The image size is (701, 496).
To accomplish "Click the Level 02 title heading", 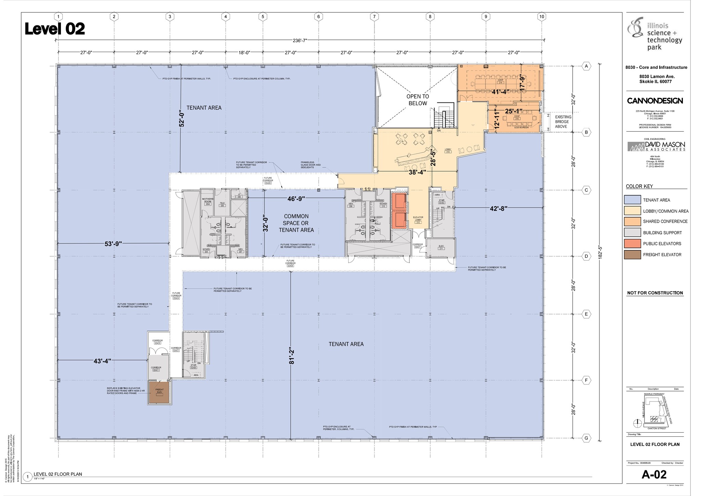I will pyautogui.click(x=55, y=29).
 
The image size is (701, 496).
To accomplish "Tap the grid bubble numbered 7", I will pyautogui.click(x=374, y=16).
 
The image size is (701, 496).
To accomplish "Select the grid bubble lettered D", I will pyautogui.click(x=586, y=256).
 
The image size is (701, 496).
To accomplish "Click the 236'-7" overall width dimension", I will pyautogui.click(x=300, y=40).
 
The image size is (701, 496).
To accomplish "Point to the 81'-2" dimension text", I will pyautogui.click(x=291, y=356).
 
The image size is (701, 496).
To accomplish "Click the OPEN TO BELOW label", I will pyautogui.click(x=418, y=100).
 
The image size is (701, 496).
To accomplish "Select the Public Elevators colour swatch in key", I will pyautogui.click(x=632, y=244).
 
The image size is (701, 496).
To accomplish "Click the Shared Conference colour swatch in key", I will pyautogui.click(x=632, y=222).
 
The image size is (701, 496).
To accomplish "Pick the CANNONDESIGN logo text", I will pyautogui.click(x=655, y=101).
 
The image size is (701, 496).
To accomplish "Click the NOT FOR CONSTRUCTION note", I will pyautogui.click(x=655, y=293).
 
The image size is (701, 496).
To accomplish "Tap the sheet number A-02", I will pyautogui.click(x=654, y=474).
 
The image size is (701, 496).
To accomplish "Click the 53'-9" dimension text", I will pyautogui.click(x=113, y=244).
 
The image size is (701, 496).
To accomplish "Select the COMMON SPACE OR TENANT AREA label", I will pyautogui.click(x=296, y=223).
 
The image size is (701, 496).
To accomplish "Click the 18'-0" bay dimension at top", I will pyautogui.click(x=244, y=52).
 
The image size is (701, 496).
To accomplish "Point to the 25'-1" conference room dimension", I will pyautogui.click(x=513, y=111).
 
